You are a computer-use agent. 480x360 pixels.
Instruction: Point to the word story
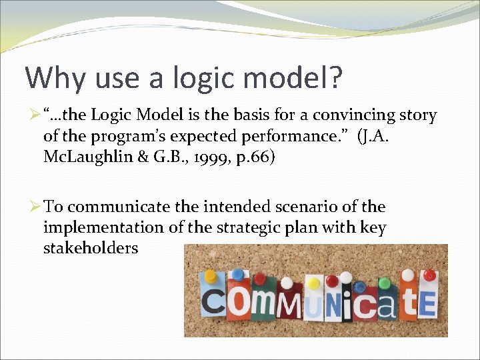tap(417, 116)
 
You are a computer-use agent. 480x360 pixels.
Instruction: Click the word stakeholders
tap(91, 248)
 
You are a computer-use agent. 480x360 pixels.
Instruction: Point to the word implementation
tap(103, 227)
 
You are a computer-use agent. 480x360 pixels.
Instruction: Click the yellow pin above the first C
tap(211, 275)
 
